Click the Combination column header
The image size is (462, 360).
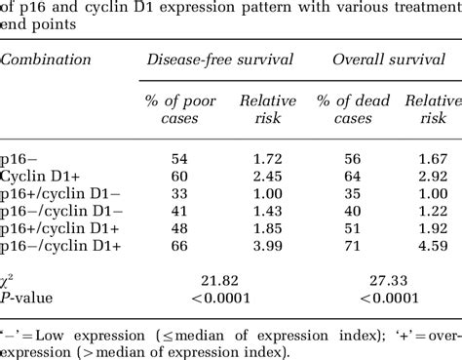coord(46,60)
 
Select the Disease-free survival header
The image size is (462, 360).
coord(219,60)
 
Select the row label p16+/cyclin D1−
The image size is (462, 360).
coord(61,193)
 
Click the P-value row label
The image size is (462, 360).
coord(27,297)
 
